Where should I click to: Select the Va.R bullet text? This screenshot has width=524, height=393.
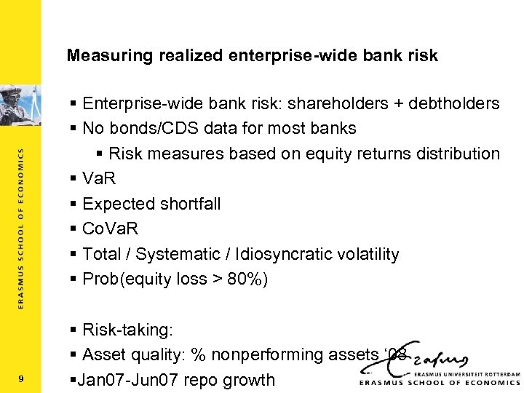point(99,179)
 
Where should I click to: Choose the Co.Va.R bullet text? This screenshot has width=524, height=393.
point(110,229)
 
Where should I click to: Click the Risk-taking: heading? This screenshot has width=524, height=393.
point(128,330)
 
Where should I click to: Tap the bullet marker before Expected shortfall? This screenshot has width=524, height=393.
point(75,205)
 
